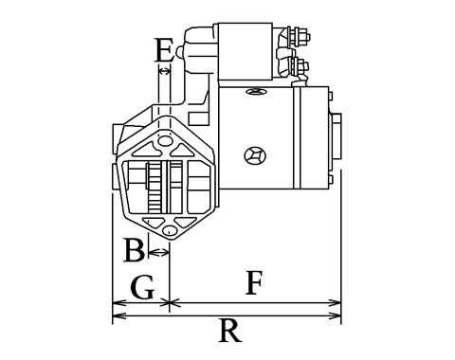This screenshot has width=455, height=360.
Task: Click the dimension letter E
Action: tap(164, 50)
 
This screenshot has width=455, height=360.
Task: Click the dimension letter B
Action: tap(135, 250)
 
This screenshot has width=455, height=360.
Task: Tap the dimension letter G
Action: tap(142, 287)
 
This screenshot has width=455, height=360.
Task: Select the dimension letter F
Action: tap(254, 282)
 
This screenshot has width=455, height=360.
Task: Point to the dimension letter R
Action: tap(230, 331)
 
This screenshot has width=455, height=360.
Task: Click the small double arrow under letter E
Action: tap(164, 71)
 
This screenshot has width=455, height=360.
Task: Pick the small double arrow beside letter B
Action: tap(158, 252)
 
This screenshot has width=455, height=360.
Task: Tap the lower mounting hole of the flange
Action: tap(170, 230)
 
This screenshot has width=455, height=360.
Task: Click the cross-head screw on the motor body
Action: tap(255, 155)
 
